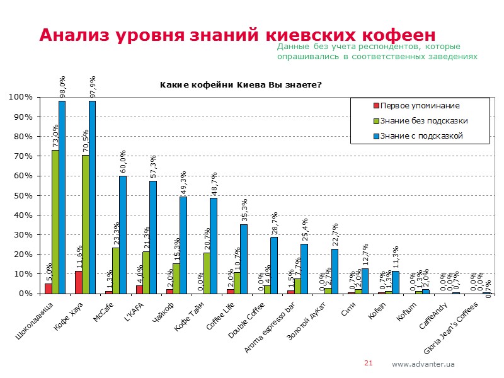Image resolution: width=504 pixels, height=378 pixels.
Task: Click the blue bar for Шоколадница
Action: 62,197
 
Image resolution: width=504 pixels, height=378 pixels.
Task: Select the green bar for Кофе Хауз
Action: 85,224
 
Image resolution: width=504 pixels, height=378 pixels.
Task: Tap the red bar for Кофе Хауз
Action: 78,282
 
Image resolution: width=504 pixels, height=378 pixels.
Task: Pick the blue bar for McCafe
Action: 122,234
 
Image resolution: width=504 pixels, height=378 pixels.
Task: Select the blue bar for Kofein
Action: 394,282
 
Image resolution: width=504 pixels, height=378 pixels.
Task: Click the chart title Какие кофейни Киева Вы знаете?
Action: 241,85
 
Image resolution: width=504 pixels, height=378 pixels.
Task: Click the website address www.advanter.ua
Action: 423,364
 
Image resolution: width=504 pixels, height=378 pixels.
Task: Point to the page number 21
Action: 369,363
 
